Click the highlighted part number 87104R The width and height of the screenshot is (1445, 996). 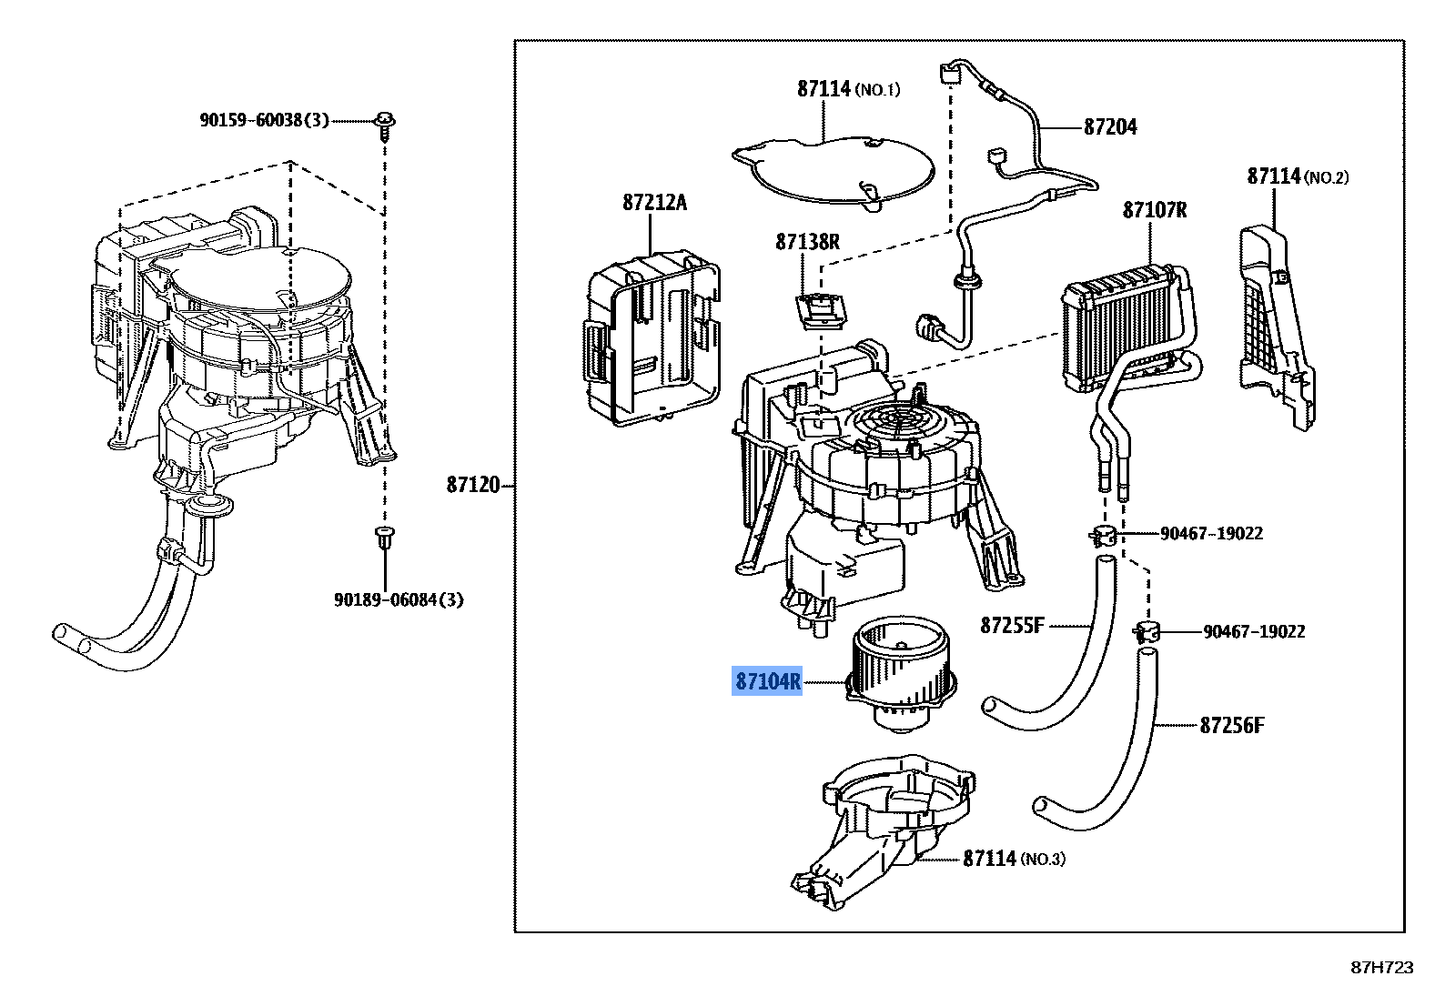point(768,680)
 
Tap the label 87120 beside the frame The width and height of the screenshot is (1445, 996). point(473,484)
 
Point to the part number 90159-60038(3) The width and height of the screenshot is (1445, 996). point(264,120)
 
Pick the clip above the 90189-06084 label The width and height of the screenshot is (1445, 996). point(385,537)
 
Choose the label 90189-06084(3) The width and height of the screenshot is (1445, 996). point(399,599)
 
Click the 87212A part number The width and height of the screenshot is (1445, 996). point(654,203)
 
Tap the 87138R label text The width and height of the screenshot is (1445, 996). point(807,242)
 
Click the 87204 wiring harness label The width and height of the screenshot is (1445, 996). point(1110,127)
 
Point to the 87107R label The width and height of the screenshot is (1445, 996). point(1154,210)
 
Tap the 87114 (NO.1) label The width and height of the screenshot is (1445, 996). point(848,88)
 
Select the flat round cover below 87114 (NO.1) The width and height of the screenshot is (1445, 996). point(834,170)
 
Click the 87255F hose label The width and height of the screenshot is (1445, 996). point(1012,625)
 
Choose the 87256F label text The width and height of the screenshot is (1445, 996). point(1231,725)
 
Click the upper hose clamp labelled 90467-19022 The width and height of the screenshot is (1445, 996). point(1105,535)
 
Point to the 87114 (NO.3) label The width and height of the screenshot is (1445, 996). point(1014,858)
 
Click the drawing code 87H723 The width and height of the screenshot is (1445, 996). point(1382,968)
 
